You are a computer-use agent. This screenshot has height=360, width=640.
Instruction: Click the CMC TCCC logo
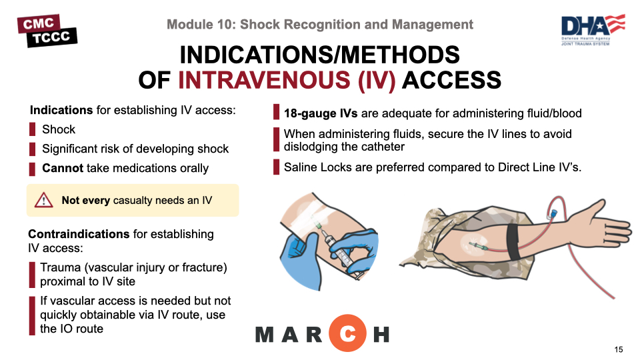pyautogui.click(x=47, y=31)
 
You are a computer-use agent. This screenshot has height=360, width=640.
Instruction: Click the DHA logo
pyautogui.click(x=593, y=29)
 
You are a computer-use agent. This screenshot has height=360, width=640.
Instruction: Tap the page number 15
pyautogui.click(x=619, y=349)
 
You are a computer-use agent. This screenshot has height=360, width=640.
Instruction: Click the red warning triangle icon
pyautogui.click(x=44, y=200)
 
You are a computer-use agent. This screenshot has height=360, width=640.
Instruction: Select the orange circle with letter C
pyautogui.click(x=348, y=333)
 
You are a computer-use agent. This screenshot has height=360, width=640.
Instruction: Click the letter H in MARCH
pyautogui.click(x=381, y=335)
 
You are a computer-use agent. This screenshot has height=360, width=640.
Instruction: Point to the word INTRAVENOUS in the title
pyautogui.click(x=264, y=80)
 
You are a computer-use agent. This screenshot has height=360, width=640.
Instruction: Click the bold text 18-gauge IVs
pyautogui.click(x=321, y=113)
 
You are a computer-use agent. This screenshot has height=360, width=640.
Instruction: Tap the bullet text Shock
pyautogui.click(x=59, y=129)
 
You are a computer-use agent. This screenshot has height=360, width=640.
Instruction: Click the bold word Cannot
pyautogui.click(x=63, y=168)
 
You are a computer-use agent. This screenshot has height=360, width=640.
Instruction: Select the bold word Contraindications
pyautogui.click(x=79, y=234)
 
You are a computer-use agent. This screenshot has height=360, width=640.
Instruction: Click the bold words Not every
pyautogui.click(x=86, y=201)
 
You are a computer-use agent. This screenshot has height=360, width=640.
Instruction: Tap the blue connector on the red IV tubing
pyautogui.click(x=553, y=213)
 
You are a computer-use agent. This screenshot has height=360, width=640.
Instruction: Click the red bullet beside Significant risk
pyautogui.click(x=32, y=149)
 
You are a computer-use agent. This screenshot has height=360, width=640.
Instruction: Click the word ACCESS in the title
pyautogui.click(x=451, y=80)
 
